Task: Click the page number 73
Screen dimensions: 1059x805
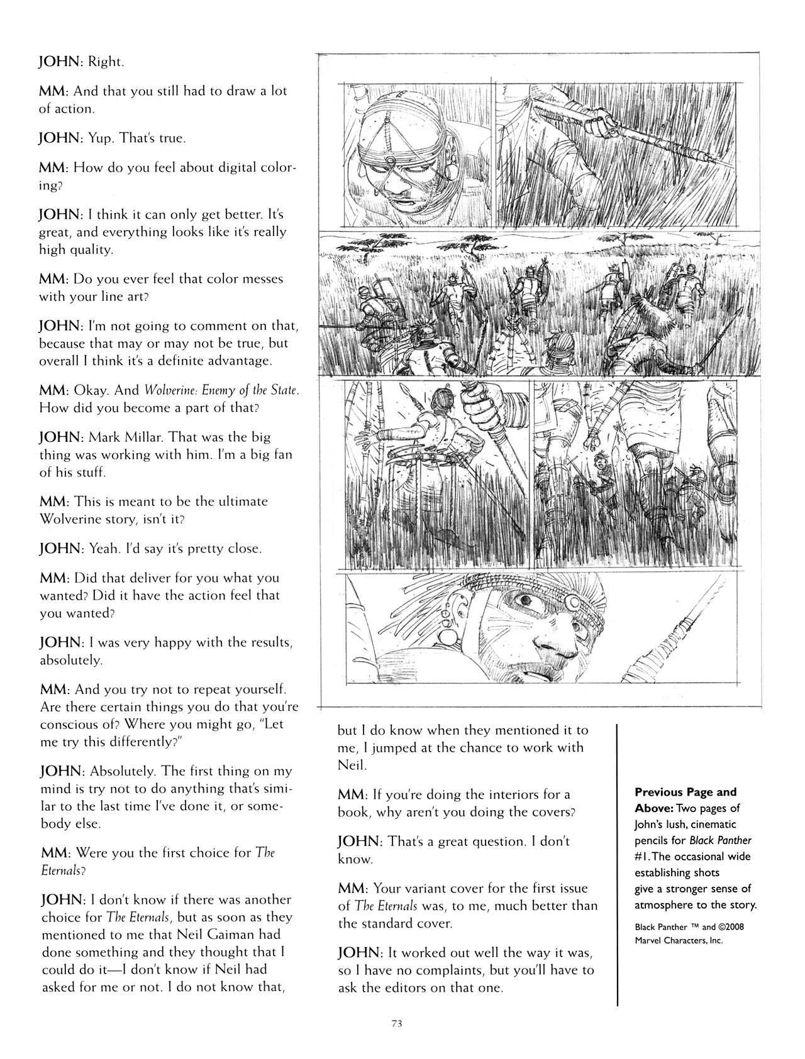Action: (x=396, y=1023)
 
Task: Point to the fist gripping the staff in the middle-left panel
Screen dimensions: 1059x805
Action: (x=479, y=412)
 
